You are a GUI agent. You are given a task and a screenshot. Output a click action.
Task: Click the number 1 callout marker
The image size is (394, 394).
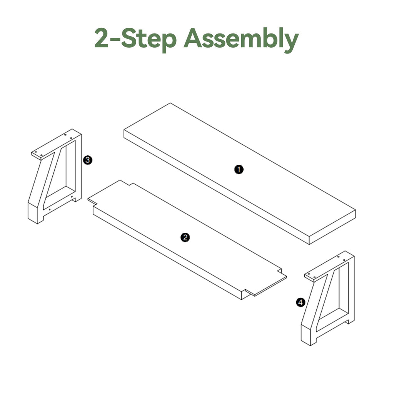coord(239,170)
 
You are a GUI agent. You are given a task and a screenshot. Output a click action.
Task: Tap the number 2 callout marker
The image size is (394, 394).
coord(185,237)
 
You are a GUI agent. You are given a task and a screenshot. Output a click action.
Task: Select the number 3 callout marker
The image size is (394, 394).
coord(88,160)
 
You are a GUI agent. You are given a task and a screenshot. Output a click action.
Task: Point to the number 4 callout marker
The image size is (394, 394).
coord(301,302)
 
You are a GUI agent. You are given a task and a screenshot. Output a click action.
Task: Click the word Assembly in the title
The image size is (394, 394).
coord(241,40)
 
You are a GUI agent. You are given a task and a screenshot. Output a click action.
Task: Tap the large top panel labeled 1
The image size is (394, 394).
coord(240,174)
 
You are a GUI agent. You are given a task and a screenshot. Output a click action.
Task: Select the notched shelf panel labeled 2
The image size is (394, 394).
coord(187,240)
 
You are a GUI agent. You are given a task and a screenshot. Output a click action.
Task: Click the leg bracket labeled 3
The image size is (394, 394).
coord(55,176)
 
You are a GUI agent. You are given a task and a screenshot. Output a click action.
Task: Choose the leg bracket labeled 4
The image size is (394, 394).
coord(328,298)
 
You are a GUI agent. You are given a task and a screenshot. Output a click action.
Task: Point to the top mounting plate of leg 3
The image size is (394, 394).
coord(56,144)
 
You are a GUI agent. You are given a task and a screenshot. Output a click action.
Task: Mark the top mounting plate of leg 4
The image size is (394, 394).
coord(329,266)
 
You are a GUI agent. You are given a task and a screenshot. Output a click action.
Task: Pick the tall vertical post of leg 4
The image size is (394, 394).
coord(352,289)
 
